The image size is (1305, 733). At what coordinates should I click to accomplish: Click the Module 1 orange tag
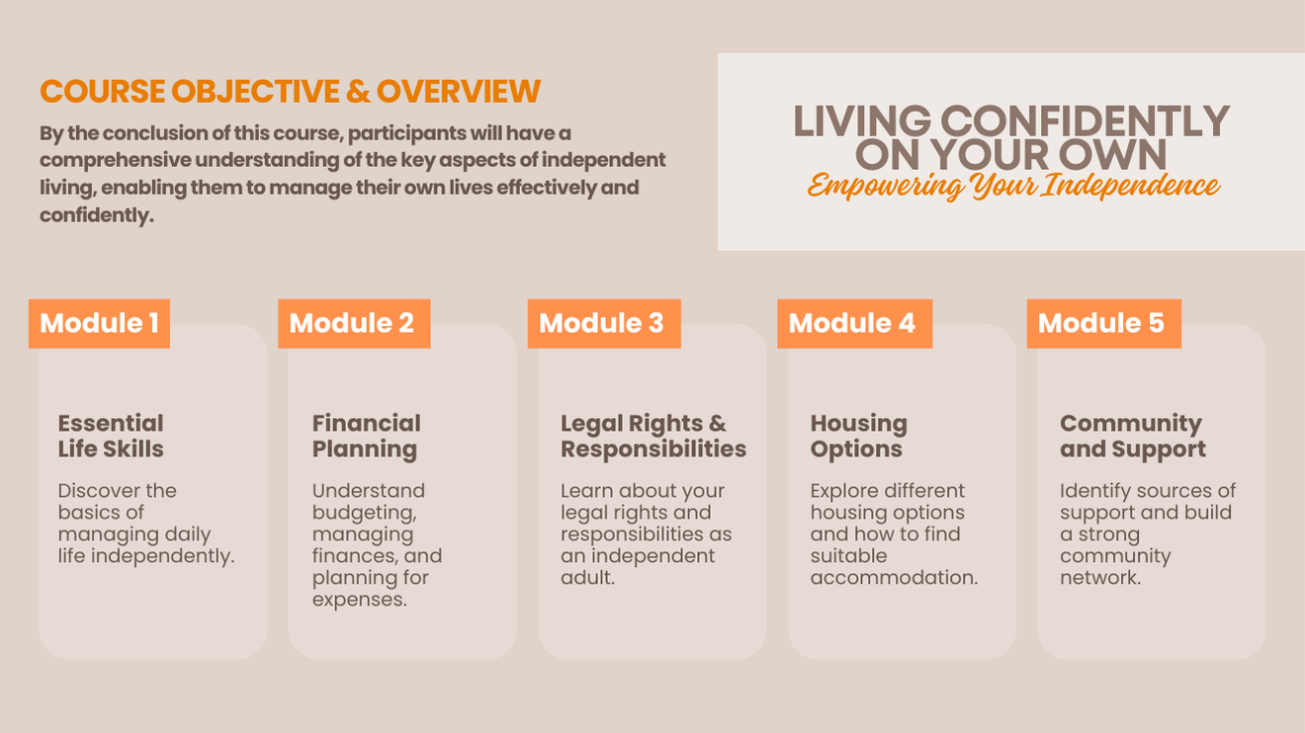click(x=99, y=324)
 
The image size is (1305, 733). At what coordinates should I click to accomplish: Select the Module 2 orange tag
click(x=354, y=324)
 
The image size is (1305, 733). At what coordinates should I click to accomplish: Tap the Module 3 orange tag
click(x=604, y=324)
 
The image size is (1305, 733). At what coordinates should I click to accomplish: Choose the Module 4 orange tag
click(x=854, y=324)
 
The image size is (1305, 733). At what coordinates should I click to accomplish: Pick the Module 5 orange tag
click(x=1104, y=324)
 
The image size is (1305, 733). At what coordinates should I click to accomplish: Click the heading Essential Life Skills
click(x=111, y=436)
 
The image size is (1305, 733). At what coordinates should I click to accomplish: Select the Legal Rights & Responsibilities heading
click(x=653, y=436)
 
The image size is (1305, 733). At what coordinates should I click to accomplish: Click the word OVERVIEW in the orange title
click(x=459, y=91)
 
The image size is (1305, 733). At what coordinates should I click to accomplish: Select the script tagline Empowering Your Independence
click(x=1013, y=186)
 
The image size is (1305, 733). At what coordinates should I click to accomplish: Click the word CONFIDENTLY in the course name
click(x=1085, y=122)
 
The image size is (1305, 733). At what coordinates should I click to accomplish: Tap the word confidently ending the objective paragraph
click(x=97, y=215)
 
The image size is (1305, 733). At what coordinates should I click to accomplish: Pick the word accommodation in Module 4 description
click(x=894, y=578)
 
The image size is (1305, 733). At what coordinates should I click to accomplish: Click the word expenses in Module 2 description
click(x=359, y=600)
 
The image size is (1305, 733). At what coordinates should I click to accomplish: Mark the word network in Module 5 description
click(x=1100, y=578)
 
